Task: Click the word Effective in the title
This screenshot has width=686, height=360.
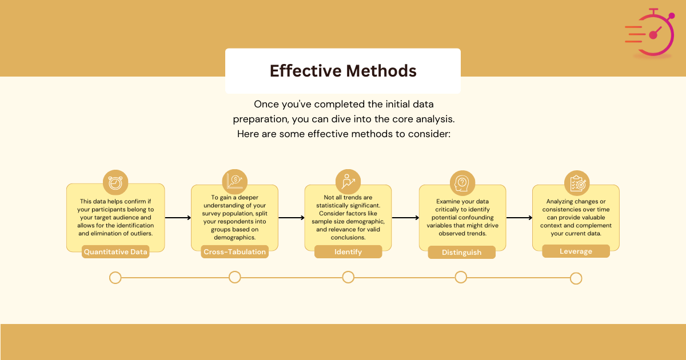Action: [x=303, y=71]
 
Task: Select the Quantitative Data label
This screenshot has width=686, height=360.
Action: [x=115, y=251]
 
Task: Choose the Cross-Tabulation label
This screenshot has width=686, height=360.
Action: [x=235, y=252]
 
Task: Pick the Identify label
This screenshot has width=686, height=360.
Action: [x=348, y=252]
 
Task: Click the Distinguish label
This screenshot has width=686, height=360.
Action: [x=461, y=253]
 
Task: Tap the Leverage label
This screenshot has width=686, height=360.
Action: [x=576, y=251]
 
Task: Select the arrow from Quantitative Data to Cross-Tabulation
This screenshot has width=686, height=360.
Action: [x=178, y=218]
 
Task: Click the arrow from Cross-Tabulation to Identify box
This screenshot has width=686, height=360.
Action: [x=292, y=218]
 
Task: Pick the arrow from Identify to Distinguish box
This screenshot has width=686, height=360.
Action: [x=405, y=218]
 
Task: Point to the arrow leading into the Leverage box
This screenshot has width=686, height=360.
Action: [x=519, y=218]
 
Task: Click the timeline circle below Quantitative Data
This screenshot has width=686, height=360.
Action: [x=115, y=278]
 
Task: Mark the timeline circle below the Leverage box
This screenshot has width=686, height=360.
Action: [x=576, y=278]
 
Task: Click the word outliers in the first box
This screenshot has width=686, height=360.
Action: [x=139, y=233]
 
